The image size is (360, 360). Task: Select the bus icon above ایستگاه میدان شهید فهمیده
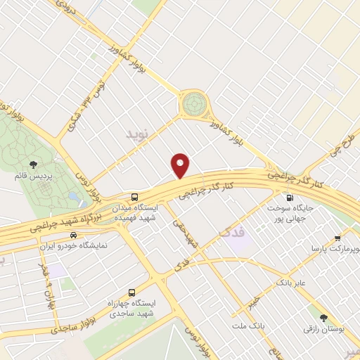click(134, 197)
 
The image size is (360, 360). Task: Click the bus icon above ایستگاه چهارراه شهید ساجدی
click(131, 292)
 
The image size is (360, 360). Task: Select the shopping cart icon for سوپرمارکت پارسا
click(338, 238)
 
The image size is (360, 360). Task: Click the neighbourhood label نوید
click(138, 133)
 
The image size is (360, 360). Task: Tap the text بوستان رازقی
click(323, 328)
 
